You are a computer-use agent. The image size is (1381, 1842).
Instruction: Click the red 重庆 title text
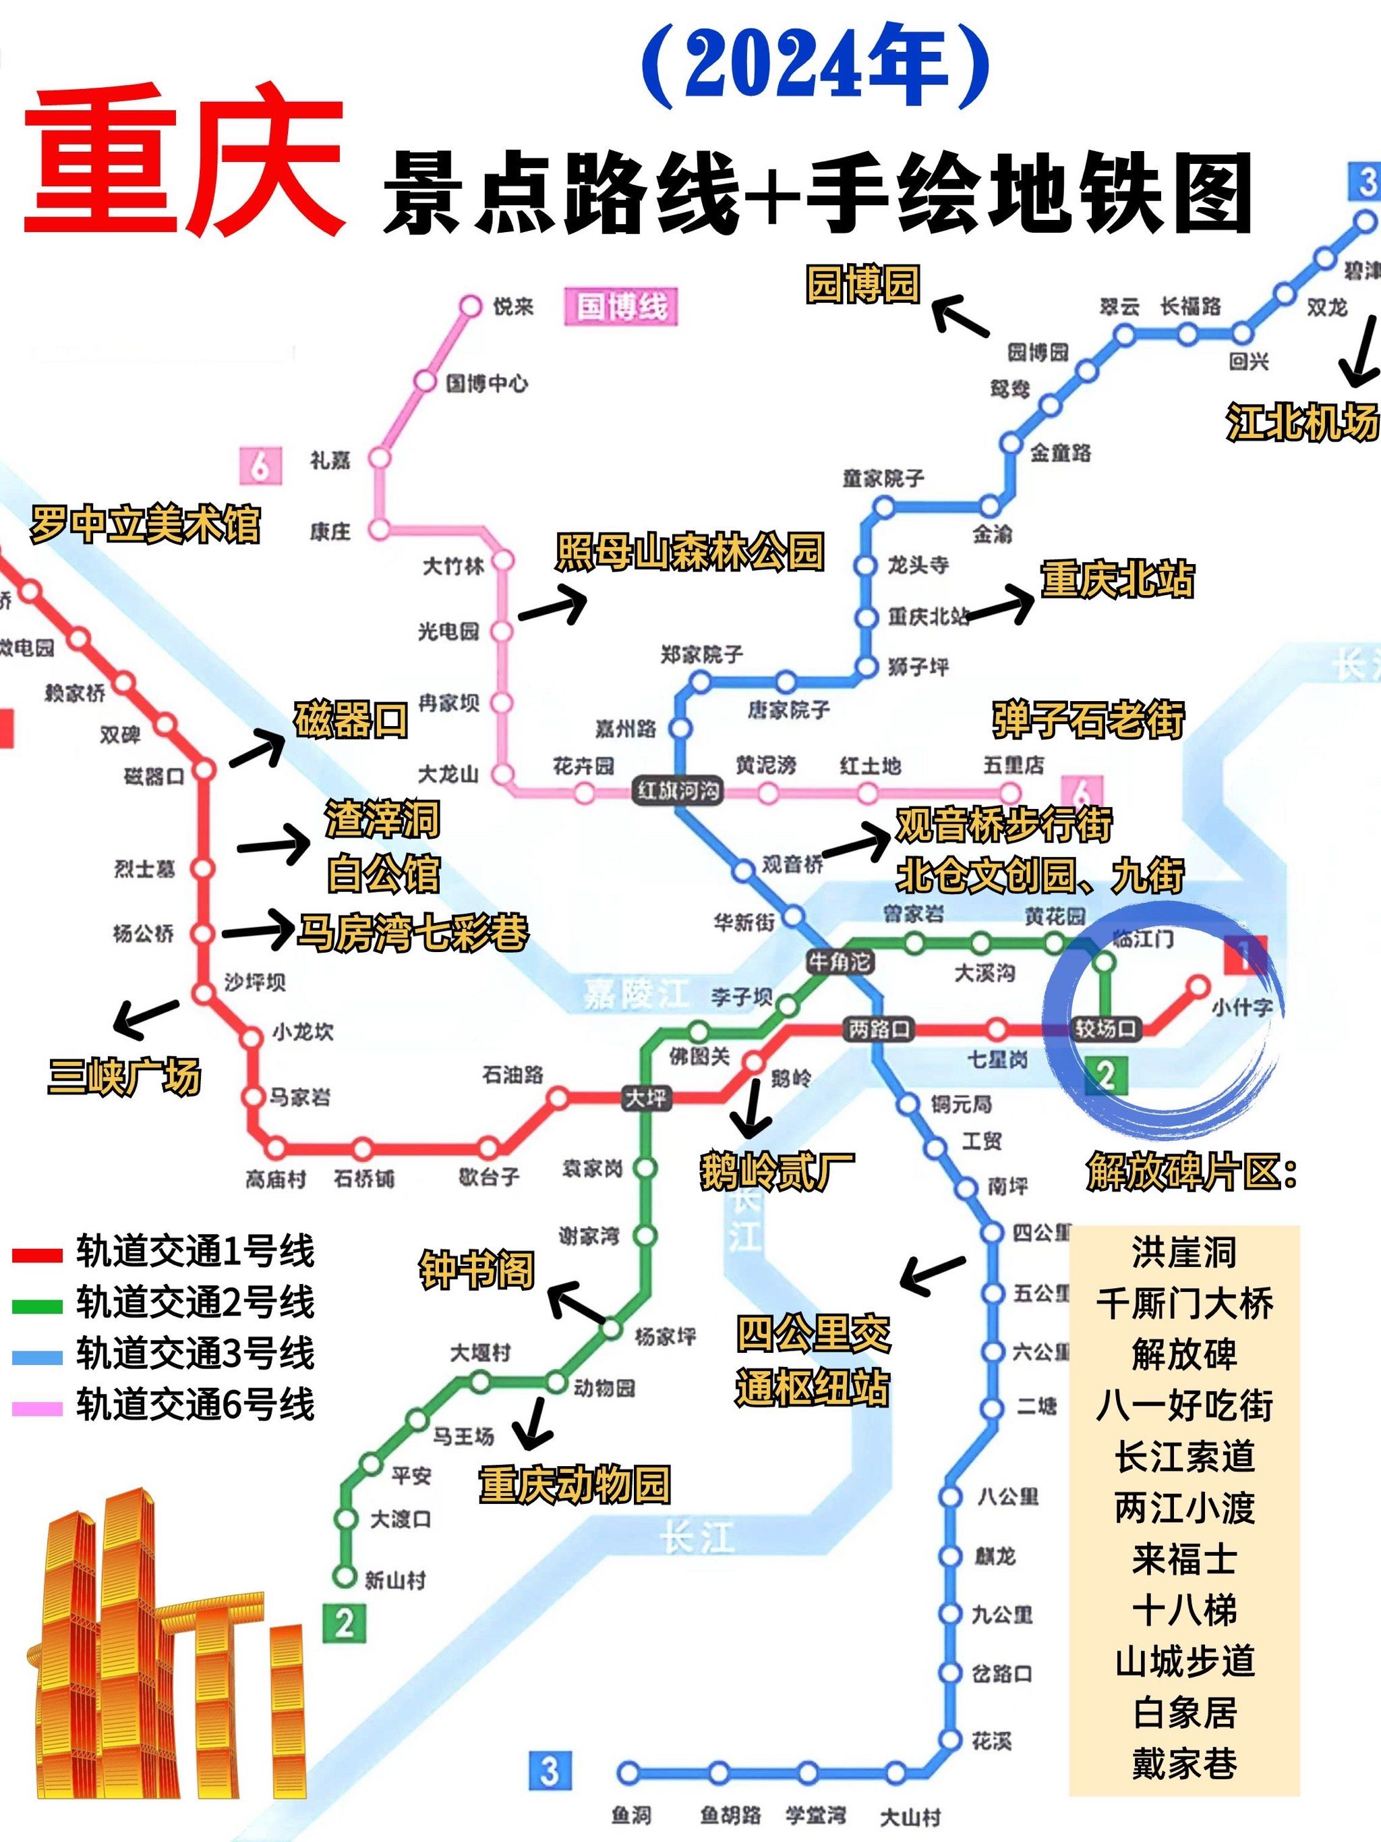[x=183, y=160]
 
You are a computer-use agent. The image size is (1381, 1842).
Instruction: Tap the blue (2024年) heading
[x=816, y=65]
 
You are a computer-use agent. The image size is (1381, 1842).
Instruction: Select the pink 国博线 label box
[x=621, y=306]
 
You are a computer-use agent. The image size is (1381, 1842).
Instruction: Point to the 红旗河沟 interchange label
[x=678, y=789]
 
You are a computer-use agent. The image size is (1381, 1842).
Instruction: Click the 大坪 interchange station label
[x=646, y=1098]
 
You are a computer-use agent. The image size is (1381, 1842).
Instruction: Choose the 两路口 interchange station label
[x=879, y=1029]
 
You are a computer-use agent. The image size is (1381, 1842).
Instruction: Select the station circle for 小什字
[x=1197, y=986]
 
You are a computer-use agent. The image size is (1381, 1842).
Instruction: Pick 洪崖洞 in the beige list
[x=1183, y=1252]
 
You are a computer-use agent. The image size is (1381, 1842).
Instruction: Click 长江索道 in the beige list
[x=1183, y=1457]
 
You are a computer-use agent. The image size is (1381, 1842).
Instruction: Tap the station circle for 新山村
[x=345, y=1575]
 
